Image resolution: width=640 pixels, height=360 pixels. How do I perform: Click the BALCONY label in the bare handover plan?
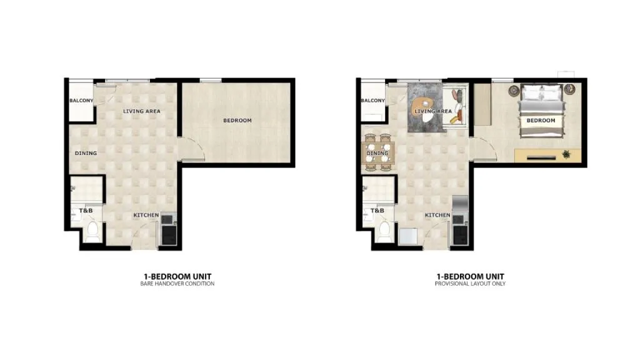pos(81,101)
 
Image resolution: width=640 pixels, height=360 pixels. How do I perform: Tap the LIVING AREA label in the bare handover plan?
pos(142,111)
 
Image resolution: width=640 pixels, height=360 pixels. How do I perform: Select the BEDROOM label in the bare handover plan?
pos(237,121)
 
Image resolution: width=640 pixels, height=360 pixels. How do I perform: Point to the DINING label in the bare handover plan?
pos(86,153)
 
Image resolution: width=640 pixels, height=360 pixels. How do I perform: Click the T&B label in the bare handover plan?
pos(86,211)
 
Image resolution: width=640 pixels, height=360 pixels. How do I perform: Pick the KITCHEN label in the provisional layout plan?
pos(437,215)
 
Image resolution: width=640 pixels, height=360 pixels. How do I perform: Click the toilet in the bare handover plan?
pos(92,231)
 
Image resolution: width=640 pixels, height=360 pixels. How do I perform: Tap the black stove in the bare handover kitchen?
pos(169,235)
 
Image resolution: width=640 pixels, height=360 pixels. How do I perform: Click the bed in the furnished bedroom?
pos(541,111)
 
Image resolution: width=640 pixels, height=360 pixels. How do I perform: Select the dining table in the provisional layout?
pos(378,153)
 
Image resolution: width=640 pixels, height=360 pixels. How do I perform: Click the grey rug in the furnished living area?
pos(425,107)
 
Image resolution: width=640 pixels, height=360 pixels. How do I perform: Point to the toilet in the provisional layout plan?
pos(384,231)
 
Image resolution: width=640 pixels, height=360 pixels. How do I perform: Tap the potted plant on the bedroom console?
pos(566,154)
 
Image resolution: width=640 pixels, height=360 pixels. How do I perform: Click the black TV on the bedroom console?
pos(541,157)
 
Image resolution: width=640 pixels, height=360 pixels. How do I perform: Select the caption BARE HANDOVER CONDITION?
pos(177,284)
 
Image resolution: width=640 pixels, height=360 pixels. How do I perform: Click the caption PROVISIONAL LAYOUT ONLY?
pos(470,284)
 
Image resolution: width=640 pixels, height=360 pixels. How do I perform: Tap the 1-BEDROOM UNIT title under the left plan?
pos(177,276)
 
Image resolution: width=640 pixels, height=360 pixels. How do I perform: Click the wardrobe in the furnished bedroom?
pos(482,104)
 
